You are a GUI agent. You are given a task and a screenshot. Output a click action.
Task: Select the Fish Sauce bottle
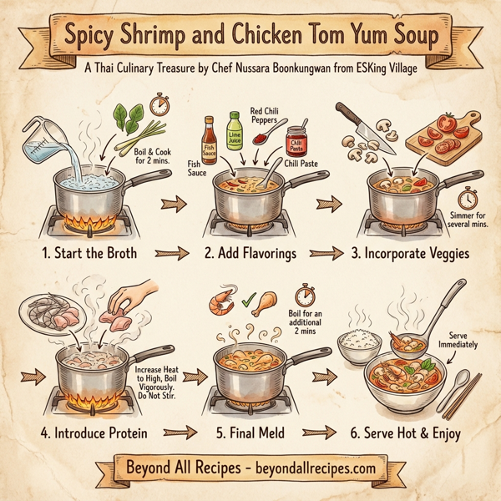[210, 136]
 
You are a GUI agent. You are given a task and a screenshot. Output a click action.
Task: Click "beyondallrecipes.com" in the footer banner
[306, 469]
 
